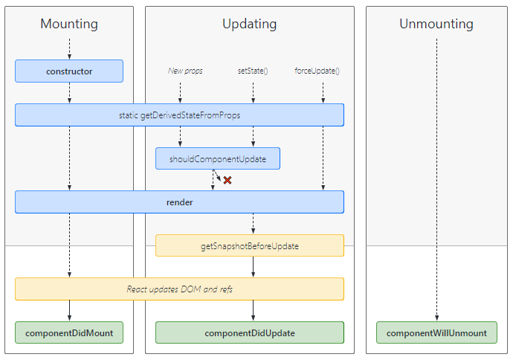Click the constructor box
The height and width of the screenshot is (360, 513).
[x=69, y=71]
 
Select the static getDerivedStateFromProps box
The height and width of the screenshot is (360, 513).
[x=179, y=115]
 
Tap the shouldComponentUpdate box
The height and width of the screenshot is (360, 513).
[x=218, y=158]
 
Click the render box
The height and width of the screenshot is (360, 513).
[x=179, y=202]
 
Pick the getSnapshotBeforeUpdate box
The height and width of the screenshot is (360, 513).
[x=250, y=245]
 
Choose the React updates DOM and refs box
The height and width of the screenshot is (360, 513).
[x=179, y=289]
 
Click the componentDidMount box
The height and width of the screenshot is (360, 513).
[x=69, y=332]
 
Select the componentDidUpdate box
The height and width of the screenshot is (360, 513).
[x=250, y=332]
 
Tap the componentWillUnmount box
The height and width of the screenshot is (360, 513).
[x=436, y=332]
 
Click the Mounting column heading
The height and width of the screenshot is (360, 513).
[x=69, y=24]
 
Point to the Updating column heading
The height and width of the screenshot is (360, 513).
[x=250, y=24]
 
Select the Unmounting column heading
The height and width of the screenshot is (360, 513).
[x=436, y=24]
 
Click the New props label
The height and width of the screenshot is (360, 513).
[x=185, y=71]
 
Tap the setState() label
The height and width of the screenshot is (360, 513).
[x=253, y=71]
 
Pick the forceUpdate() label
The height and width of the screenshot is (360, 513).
[x=317, y=71]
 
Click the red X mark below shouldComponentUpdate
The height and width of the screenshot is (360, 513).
[x=228, y=180]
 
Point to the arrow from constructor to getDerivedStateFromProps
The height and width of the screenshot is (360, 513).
[x=69, y=93]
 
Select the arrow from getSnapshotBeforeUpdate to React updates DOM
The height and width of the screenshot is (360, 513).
[x=253, y=267]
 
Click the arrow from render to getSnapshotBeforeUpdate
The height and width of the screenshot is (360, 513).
[x=253, y=224]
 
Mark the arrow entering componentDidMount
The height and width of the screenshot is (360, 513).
[x=69, y=311]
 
